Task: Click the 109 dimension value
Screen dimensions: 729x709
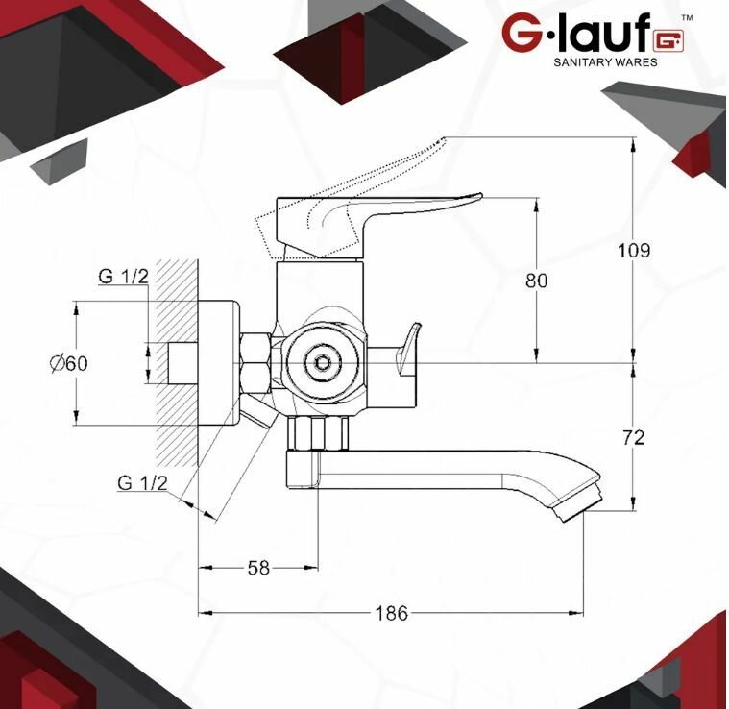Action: coord(634,251)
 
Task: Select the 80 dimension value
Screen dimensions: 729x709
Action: coord(537,281)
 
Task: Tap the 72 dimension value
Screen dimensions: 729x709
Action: coord(634,437)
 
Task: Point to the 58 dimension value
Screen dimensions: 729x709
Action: coord(258,567)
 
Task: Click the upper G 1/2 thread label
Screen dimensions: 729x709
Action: coord(123,277)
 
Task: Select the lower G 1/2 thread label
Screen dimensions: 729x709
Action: coord(142,482)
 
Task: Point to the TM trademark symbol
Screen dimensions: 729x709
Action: coord(687,18)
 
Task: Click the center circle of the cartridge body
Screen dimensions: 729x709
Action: coord(320,364)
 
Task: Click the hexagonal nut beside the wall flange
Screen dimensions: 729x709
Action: coord(255,363)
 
